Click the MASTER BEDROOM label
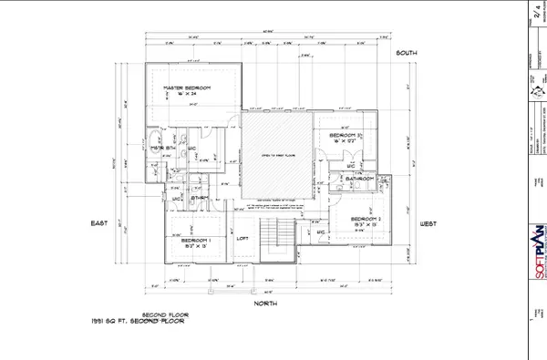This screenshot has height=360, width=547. pos(187,88)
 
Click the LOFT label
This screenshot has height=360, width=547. pos(243,239)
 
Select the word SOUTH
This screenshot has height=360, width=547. pos(406,54)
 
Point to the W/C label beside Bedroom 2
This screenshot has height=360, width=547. pos(321,233)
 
